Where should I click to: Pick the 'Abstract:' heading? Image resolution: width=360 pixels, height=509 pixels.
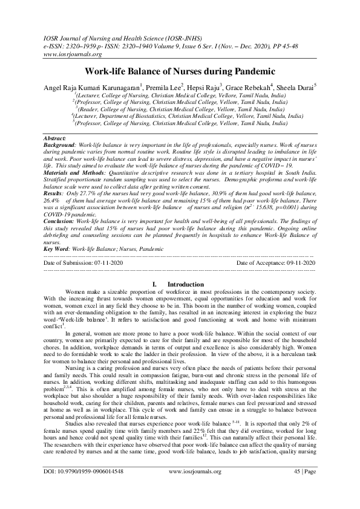[x=59, y=138]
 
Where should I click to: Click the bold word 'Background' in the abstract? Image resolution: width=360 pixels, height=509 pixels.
[x=61, y=146]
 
